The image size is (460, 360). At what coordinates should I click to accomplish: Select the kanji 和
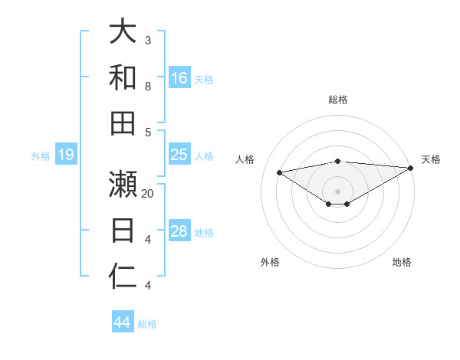point(123,77)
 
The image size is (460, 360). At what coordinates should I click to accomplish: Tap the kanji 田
point(123,123)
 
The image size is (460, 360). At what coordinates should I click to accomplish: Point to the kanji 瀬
point(123,184)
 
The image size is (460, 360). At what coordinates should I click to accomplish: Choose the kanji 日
point(123,231)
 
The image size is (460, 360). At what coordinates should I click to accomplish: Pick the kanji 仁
point(123,277)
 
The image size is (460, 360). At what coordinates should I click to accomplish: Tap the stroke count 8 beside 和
point(148,86)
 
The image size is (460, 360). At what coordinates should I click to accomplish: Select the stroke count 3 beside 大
point(148,40)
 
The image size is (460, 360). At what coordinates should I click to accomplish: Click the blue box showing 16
point(179,78)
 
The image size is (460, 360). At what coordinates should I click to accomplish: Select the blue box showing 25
point(179,155)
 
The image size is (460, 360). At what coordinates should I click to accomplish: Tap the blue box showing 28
point(179,231)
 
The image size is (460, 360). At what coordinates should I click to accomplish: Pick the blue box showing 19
point(66,155)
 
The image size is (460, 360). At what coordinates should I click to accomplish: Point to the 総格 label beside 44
point(147,323)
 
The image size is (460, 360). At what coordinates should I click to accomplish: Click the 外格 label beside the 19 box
point(41,155)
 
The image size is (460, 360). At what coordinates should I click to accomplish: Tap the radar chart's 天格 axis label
point(432,159)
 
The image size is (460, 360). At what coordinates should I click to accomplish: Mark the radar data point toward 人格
point(279,172)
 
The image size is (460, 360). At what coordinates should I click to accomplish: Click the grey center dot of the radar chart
point(337,191)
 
